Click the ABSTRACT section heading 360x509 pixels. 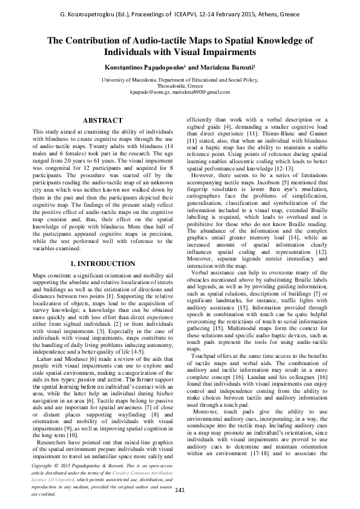(x=102, y=121)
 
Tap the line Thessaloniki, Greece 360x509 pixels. (x=180, y=86)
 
